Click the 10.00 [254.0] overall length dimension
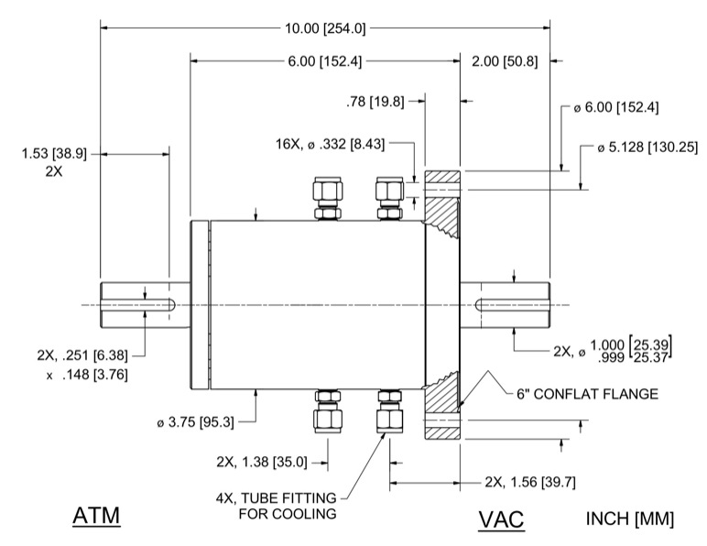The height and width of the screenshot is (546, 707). [325, 28]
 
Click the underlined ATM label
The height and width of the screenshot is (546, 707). [97, 517]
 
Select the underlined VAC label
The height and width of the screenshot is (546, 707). [501, 520]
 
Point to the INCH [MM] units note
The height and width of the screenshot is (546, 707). [629, 519]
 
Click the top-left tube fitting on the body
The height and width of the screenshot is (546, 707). [327, 198]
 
